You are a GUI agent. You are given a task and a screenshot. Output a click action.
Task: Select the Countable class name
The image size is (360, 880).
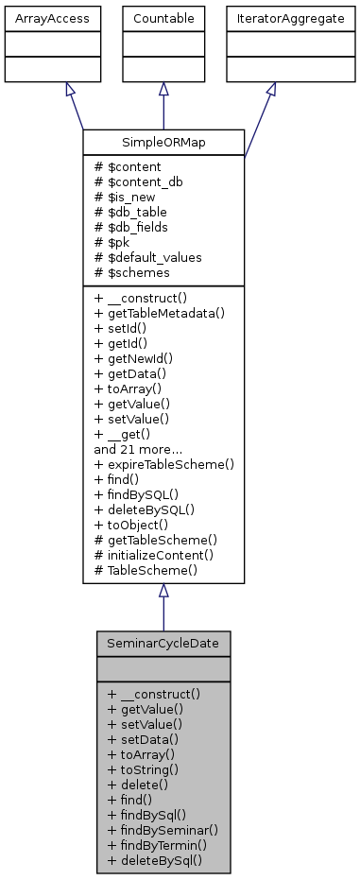[x=163, y=17]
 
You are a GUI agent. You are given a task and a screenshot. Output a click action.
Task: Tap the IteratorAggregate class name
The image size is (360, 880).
[x=270, y=17]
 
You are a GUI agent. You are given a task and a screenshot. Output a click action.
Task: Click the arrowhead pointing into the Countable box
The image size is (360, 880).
[x=163, y=89]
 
